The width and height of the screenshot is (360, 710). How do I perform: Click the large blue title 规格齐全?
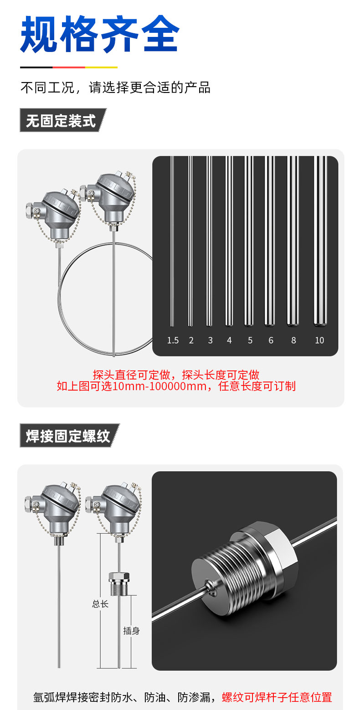click(100, 34)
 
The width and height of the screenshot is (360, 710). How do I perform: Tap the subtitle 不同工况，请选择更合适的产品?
click(116, 87)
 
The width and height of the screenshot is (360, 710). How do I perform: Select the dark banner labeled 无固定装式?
click(63, 120)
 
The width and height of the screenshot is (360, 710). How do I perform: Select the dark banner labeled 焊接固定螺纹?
click(70, 436)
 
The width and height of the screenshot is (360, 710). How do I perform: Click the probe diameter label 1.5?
click(173, 340)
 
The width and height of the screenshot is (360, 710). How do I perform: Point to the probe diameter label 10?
click(319, 340)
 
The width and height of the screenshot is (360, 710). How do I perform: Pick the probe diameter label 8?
click(293, 340)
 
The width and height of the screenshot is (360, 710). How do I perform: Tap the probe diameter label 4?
click(229, 340)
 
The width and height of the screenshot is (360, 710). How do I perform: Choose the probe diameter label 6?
click(271, 340)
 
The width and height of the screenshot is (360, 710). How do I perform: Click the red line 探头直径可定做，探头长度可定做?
click(176, 375)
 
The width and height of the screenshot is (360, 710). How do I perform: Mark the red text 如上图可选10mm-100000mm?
click(132, 386)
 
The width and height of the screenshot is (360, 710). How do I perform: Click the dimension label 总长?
click(100, 604)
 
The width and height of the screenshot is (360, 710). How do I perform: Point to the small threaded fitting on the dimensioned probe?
click(119, 583)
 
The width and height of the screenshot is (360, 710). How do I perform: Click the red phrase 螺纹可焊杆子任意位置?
click(277, 697)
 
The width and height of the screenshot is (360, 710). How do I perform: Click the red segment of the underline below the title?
click(69, 67)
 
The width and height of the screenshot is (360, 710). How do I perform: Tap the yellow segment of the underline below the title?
click(101, 67)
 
